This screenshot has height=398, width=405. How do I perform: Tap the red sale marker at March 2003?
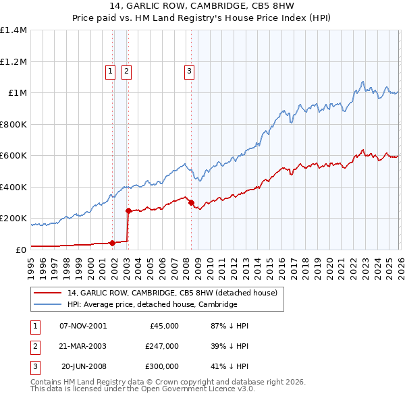(128, 211)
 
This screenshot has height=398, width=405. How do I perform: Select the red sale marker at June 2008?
(191, 202)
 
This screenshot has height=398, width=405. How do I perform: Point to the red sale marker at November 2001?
(112, 243)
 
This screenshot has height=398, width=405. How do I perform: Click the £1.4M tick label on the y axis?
(13, 30)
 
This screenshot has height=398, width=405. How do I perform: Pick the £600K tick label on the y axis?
(13, 156)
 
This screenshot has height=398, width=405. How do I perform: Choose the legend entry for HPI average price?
(152, 305)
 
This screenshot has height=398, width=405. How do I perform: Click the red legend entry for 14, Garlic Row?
(172, 293)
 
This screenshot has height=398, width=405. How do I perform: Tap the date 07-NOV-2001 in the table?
(83, 326)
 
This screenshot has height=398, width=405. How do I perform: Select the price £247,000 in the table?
(162, 346)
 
